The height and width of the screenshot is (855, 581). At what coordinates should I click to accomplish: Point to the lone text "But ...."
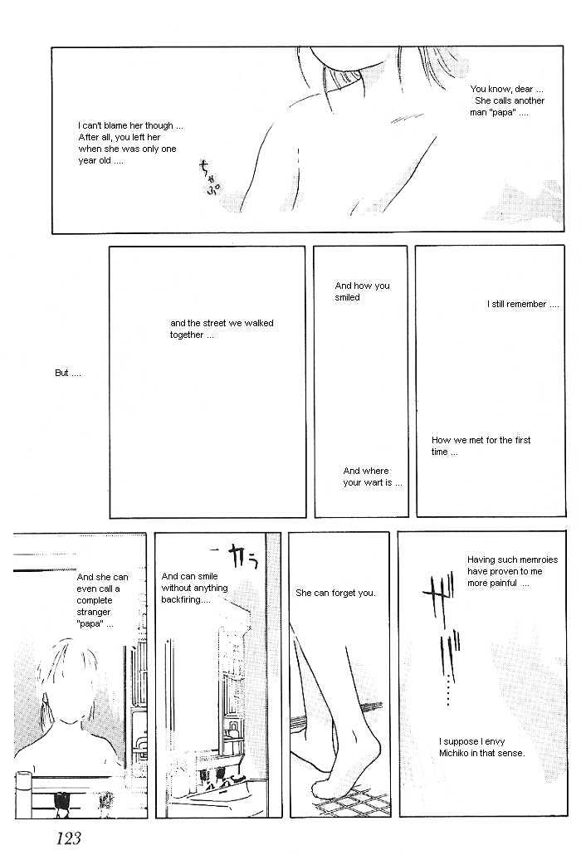point(67,373)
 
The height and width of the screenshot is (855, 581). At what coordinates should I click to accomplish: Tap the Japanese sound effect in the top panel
point(210,178)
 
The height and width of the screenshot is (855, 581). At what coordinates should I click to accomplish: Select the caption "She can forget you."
point(336,593)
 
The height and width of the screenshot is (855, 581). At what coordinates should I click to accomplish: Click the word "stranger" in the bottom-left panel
point(94,612)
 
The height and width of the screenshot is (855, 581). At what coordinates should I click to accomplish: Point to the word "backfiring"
point(181,600)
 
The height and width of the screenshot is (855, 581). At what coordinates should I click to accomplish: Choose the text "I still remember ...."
point(523,305)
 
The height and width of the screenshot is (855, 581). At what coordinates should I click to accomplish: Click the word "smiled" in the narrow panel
point(347,297)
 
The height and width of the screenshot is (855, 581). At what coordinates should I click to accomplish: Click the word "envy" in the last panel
point(495,741)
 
